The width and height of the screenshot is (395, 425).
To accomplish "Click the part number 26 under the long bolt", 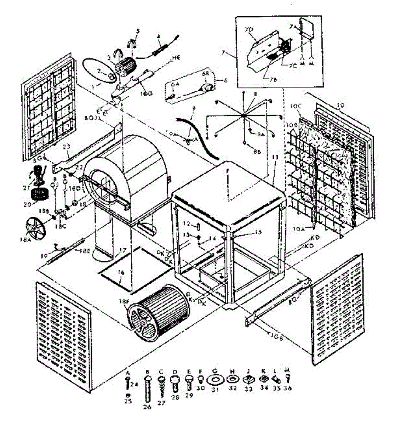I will [x=147, y=407].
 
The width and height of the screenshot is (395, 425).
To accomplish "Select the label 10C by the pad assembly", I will [x=296, y=106].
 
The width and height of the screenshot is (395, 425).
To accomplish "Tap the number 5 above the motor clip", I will [x=138, y=31].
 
